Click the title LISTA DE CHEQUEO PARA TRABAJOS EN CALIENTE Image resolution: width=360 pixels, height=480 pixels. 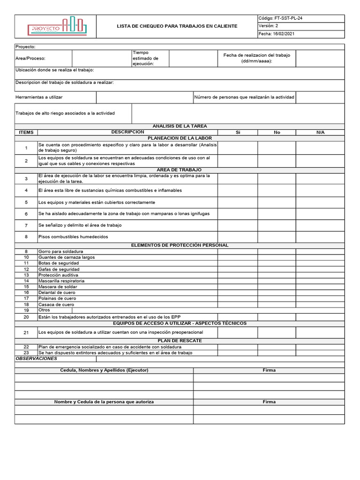(x=177, y=26)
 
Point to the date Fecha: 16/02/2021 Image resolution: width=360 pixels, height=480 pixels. (x=277, y=34)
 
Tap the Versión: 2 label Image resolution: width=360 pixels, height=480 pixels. (x=268, y=26)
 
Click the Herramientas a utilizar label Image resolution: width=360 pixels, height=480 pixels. (x=39, y=97)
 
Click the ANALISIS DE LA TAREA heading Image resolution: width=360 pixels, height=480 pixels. (x=180, y=126)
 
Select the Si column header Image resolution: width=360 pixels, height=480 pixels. (x=238, y=133)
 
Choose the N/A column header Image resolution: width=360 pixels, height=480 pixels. (x=320, y=133)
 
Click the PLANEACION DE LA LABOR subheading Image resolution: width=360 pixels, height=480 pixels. (x=180, y=138)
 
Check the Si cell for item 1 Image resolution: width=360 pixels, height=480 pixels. (x=238, y=148)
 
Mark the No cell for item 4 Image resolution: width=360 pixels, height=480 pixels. (x=277, y=190)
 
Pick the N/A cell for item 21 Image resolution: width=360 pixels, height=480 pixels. (x=320, y=332)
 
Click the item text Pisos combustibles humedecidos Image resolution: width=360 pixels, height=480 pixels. (x=73, y=237)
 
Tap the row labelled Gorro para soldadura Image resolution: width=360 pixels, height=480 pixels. (x=60, y=252)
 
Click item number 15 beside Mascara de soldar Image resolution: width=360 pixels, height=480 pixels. (x=26, y=287)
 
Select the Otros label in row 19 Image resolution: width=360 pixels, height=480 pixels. (x=45, y=310)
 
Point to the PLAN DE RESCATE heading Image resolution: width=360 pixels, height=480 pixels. (x=180, y=341)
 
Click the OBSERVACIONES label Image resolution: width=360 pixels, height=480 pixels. (x=37, y=359)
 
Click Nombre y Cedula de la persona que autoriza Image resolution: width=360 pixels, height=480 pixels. (x=104, y=402)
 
